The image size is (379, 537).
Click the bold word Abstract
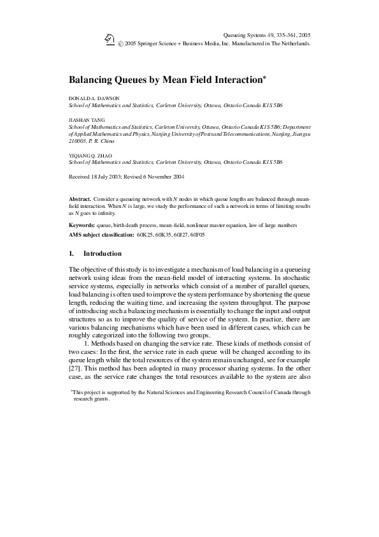coord(80,200)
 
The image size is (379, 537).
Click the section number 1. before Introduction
coord(71,254)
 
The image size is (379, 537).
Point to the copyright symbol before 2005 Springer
coord(121,44)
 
